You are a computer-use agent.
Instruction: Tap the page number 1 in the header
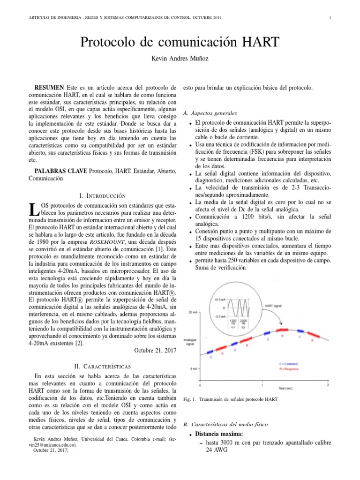point(330,18)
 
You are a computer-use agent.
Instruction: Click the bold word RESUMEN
point(50,88)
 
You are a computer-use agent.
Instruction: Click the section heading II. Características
point(102,365)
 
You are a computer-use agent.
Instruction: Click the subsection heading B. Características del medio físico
point(225,424)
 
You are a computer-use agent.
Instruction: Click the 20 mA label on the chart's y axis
point(193,312)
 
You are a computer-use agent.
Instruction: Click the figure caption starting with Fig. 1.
point(231,399)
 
